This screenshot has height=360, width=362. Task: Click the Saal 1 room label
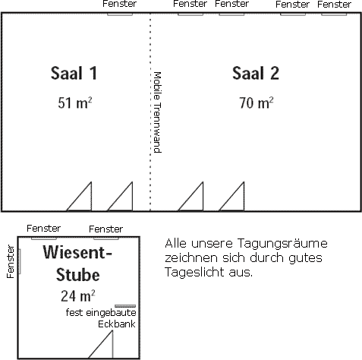pos(74,74)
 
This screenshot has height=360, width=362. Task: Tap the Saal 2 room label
pos(256,74)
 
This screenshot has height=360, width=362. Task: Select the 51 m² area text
pos(75,103)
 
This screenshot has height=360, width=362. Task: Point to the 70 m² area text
pos(257,103)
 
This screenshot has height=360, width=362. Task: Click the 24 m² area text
pos(78,295)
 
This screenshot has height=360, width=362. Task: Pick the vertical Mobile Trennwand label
pos(157,112)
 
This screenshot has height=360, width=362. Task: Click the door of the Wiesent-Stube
pos(101,344)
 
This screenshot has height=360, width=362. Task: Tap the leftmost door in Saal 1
pos(79,196)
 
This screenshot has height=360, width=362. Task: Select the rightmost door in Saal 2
pos(231,196)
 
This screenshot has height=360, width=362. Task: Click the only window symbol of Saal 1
pos(120,14)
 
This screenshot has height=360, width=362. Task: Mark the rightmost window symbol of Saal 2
pos(334,14)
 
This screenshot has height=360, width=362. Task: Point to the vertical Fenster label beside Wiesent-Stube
pos(11,261)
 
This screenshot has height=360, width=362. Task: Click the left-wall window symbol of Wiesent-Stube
pos(19,261)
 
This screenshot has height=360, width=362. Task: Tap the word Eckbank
pos(117,324)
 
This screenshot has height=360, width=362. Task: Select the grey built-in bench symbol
pos(125,306)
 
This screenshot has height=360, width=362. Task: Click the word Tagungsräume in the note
pos(282,244)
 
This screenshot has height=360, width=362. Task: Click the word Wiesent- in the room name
pos(77,252)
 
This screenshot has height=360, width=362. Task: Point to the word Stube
pos(78,275)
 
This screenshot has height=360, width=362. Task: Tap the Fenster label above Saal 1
pos(120,4)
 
